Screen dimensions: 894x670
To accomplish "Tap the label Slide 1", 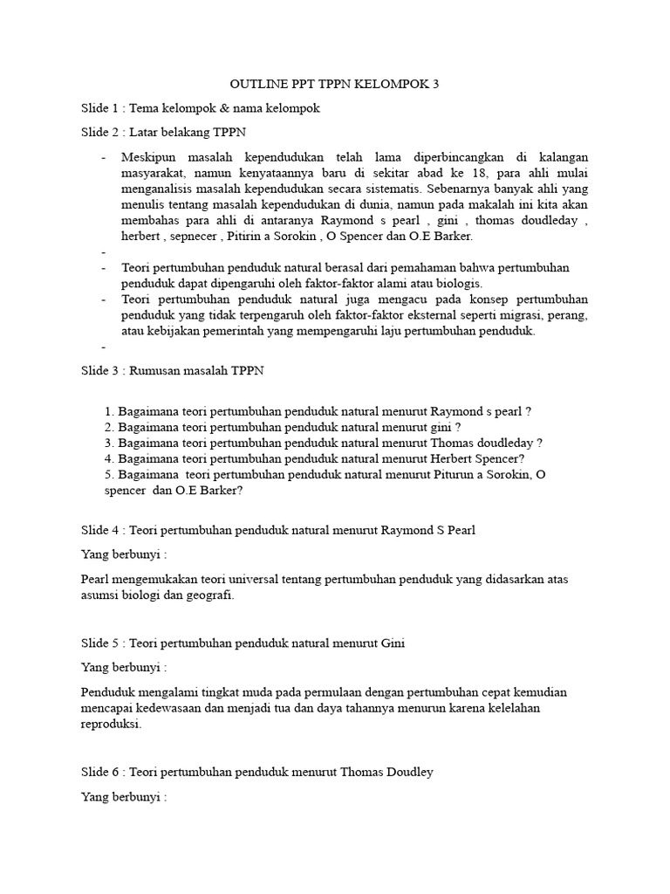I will tap(100, 108).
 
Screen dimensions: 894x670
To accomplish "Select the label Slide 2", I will tap(100, 133).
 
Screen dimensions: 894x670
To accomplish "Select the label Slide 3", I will tap(100, 371).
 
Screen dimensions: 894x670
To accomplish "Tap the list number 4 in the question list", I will tap(108, 457).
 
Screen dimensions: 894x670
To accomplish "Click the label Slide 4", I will tap(100, 530).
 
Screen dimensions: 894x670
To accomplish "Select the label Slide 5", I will tap(100, 643).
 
